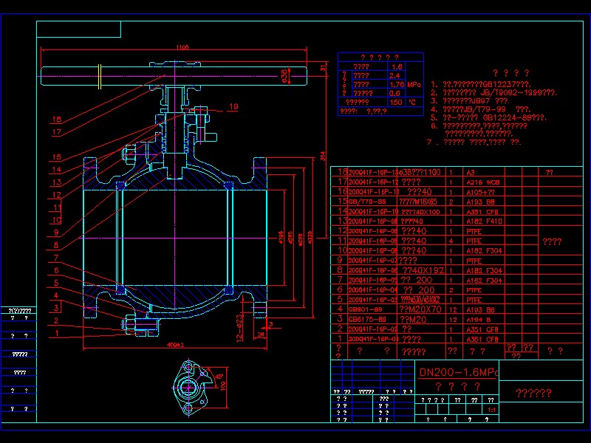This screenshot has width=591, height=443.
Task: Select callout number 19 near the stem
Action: click(x=233, y=107)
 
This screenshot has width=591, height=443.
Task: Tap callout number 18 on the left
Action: click(x=57, y=119)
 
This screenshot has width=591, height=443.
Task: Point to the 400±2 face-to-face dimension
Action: click(x=175, y=344)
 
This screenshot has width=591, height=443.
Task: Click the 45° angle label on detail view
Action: click(x=219, y=377)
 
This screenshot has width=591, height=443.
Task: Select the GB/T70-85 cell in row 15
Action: click(x=366, y=201)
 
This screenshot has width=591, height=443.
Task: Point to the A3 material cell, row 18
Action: click(x=471, y=171)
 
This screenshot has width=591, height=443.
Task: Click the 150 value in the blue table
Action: click(x=395, y=102)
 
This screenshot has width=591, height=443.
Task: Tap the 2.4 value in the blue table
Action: click(x=394, y=75)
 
